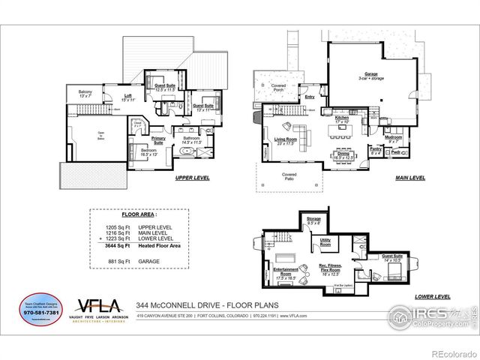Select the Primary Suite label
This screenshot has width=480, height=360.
pos(158,139)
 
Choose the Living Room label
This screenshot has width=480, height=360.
pos(286,139)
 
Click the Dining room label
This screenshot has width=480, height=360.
pos(343,155)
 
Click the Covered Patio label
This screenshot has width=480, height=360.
pos(289,176)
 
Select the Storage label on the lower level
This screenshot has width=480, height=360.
pos(313,220)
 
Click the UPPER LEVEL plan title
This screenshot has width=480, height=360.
pos(192,178)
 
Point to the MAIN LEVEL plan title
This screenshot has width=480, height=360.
pos(410,178)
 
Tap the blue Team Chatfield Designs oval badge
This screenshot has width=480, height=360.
pos(37,309)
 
